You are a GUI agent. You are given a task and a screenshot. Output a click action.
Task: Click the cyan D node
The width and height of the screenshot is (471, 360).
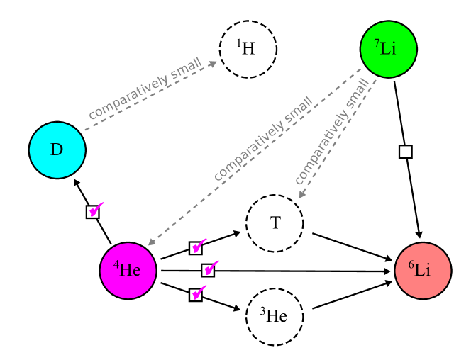click(x=57, y=150)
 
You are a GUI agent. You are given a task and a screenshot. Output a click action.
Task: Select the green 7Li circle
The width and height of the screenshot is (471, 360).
click(x=388, y=49)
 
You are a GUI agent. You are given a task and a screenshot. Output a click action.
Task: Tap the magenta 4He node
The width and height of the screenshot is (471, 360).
click(x=128, y=271)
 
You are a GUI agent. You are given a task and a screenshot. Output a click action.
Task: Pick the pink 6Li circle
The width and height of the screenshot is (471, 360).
click(x=423, y=271)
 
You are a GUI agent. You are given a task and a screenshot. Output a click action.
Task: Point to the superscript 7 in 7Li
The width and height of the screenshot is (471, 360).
click(x=377, y=44)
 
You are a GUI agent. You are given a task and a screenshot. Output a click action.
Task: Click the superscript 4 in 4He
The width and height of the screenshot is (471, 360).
click(x=116, y=265)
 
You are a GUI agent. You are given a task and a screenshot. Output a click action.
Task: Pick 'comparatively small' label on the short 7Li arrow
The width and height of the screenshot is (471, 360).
click(x=331, y=132)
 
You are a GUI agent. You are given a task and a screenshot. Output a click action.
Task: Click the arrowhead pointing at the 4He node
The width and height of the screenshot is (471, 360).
click(x=151, y=242)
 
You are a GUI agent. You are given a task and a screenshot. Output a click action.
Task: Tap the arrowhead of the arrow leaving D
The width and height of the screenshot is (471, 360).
click(x=213, y=63)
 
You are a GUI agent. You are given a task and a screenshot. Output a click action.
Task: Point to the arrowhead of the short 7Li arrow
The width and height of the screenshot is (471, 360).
click(x=302, y=194)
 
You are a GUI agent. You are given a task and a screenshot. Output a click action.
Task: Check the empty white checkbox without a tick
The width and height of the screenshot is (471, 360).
click(x=405, y=152)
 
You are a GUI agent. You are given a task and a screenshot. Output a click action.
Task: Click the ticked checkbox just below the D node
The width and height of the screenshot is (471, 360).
click(x=93, y=211)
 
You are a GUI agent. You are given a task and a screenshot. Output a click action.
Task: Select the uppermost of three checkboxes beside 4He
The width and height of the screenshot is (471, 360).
click(x=196, y=248)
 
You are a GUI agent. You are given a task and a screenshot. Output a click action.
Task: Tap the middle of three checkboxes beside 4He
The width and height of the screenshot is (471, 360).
click(x=208, y=270)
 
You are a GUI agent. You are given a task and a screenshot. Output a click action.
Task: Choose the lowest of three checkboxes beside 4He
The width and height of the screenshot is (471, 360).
click(x=196, y=295)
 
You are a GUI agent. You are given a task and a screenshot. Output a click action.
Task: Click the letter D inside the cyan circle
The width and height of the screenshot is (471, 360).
click(x=57, y=150)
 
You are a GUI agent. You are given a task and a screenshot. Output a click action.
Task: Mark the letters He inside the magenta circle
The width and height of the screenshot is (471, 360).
click(x=131, y=271)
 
